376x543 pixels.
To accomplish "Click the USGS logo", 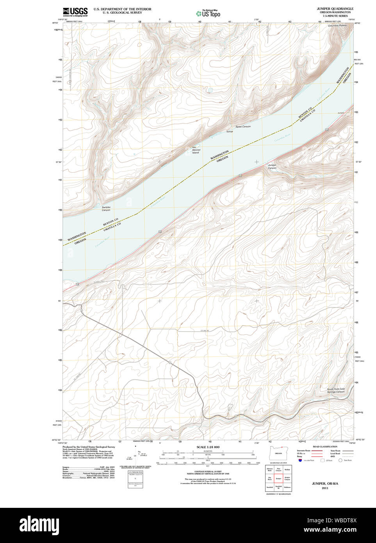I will click(75, 12).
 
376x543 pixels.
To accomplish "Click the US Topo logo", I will click(208, 13).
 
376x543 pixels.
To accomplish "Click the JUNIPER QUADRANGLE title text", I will click(335, 9).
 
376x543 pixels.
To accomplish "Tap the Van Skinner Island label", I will click(196, 150).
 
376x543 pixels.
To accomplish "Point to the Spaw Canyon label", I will click(243, 127).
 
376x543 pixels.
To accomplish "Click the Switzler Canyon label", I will click(106, 209).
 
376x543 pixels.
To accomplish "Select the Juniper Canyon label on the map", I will click(272, 166).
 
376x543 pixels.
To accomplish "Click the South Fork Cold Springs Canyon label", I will click(336, 390).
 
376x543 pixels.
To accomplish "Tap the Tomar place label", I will click(230, 132).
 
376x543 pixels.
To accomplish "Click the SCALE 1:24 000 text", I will click(208, 447).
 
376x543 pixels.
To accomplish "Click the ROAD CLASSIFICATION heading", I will click(325, 447).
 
